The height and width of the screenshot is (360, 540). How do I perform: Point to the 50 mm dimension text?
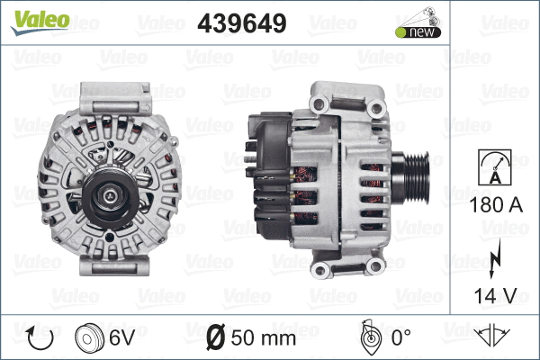coord(264,338)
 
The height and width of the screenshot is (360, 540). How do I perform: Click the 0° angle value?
coord(400,338)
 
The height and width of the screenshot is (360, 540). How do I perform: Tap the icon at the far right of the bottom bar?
coord(493,337)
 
